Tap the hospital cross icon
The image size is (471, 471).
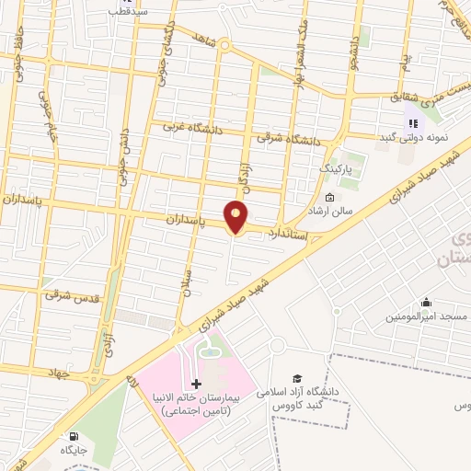tap(196, 383)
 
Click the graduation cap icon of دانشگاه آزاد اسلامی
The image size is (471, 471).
tap(297, 377)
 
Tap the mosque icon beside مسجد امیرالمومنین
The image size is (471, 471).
tap(426, 302)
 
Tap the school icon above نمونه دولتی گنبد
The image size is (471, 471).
tap(411, 121)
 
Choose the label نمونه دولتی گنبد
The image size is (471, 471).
tap(414, 137)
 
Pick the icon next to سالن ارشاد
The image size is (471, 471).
tap(329, 198)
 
